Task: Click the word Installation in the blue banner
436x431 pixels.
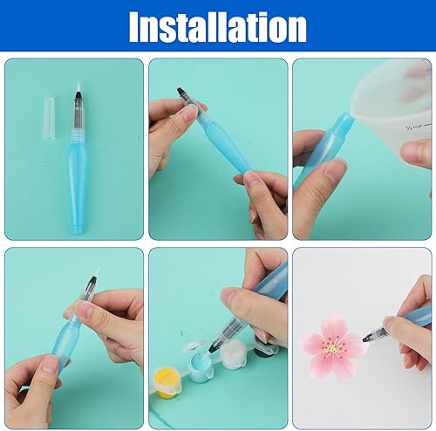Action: tap(218, 27)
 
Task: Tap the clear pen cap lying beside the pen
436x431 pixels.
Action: tap(49, 118)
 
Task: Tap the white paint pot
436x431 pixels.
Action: tap(234, 352)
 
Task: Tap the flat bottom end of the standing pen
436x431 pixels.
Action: tap(78, 229)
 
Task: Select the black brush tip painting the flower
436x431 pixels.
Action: tap(367, 338)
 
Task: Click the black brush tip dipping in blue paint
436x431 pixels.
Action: tap(214, 346)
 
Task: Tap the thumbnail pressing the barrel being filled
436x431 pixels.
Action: tap(335, 169)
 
